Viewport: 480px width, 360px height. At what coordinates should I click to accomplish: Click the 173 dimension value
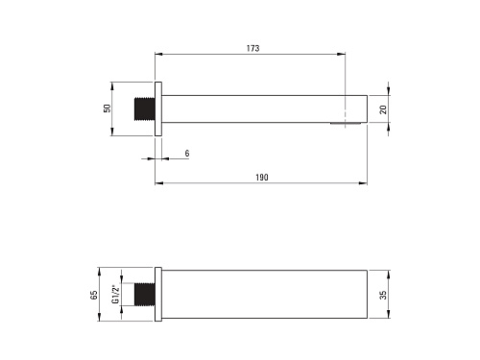(x=252, y=48)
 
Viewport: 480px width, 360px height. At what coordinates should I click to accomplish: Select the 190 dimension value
(x=262, y=178)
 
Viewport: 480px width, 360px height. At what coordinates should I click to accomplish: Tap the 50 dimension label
(x=107, y=108)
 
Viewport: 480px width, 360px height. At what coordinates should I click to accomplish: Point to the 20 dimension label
(x=383, y=109)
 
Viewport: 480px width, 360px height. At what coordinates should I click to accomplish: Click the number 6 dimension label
(x=187, y=154)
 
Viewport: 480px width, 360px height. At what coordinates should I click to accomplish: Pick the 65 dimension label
(x=94, y=295)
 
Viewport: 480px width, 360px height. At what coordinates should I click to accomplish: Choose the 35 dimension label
(x=383, y=295)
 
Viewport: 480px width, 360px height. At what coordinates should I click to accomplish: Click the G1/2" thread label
(x=115, y=294)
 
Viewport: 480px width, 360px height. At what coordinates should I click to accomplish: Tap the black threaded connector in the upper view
(x=145, y=108)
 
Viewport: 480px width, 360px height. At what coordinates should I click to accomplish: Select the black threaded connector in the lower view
(x=145, y=294)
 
